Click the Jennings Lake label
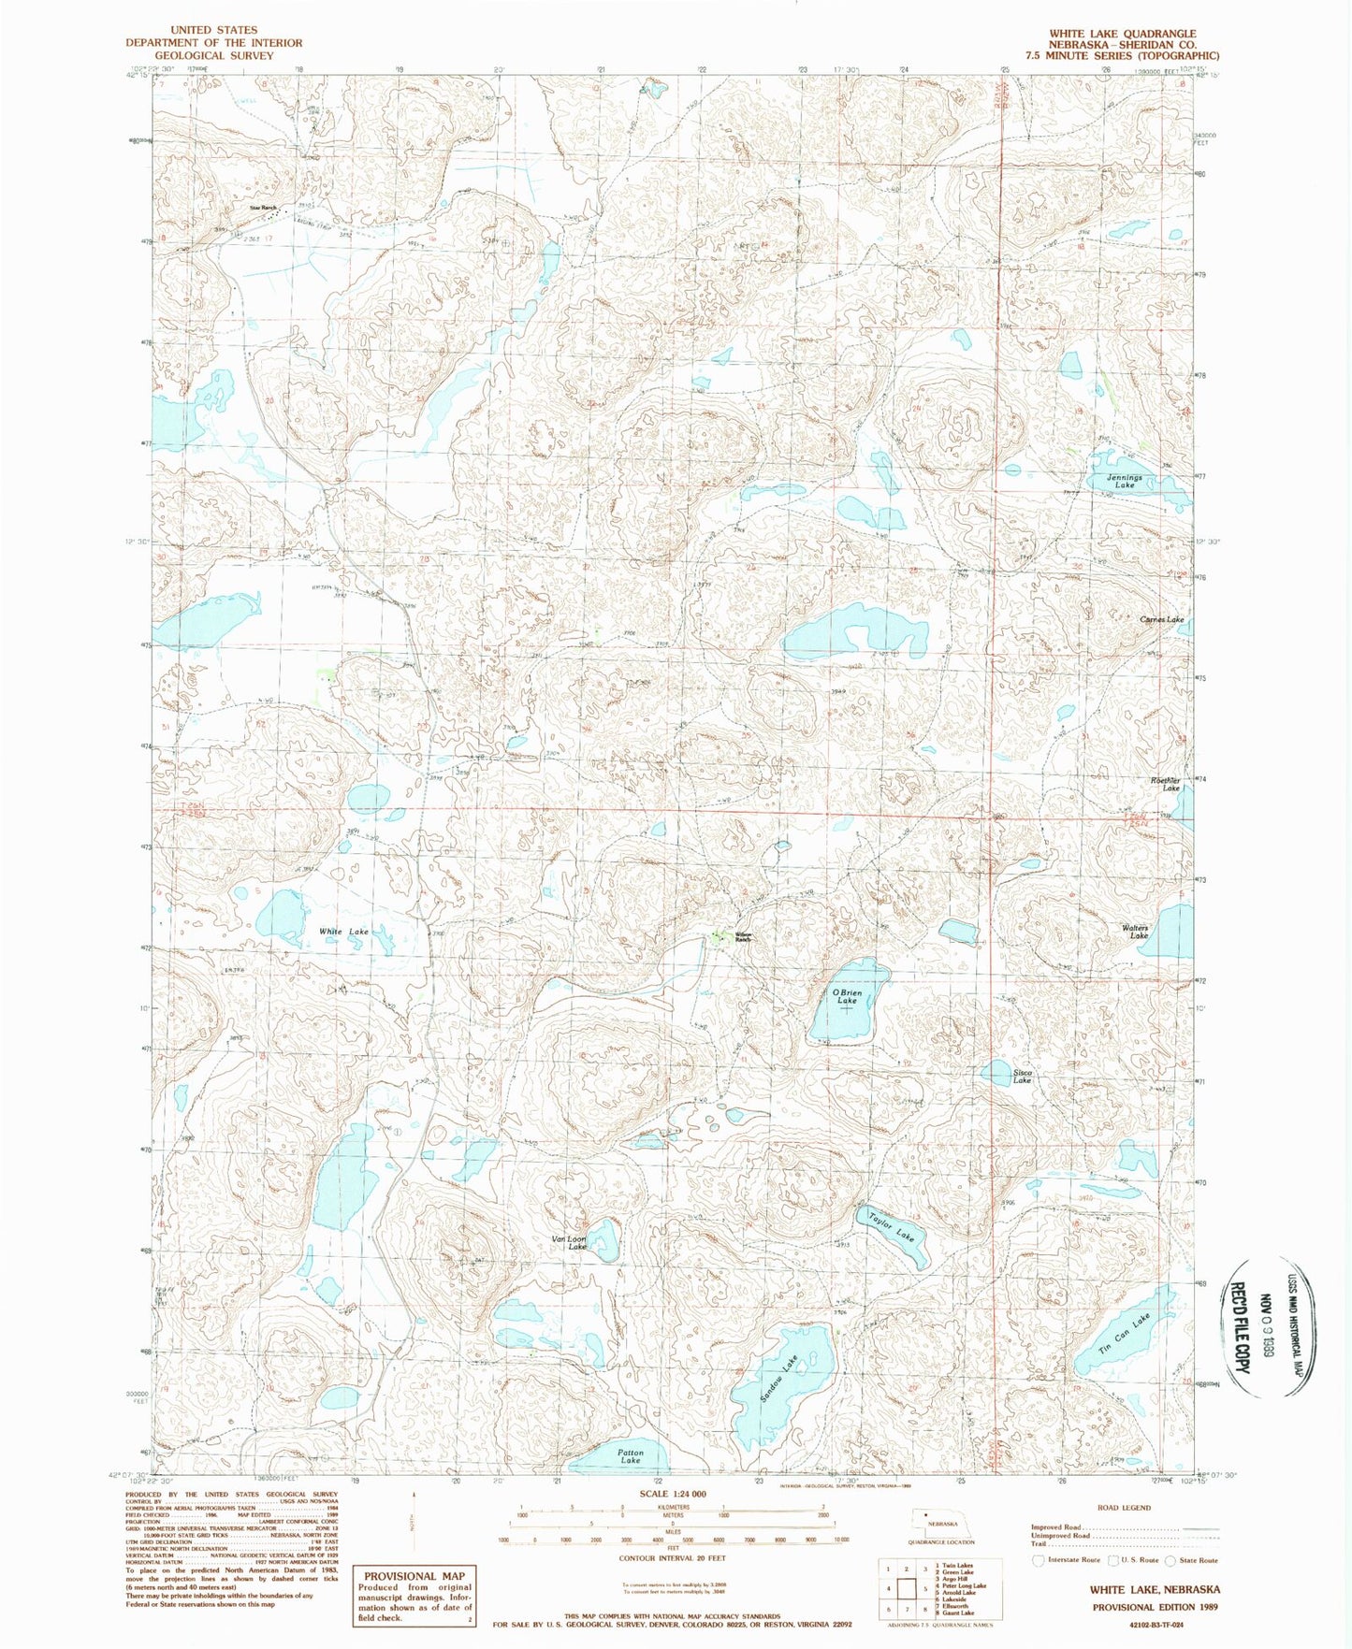click(1125, 482)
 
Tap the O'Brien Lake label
click(847, 996)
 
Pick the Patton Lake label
click(631, 1456)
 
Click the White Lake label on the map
click(343, 932)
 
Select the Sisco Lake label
click(1022, 1077)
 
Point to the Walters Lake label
click(1136, 932)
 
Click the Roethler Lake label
click(1166, 784)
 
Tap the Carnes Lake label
click(1161, 619)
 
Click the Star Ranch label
click(263, 208)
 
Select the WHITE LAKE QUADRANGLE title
click(1122, 33)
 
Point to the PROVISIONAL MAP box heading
click(414, 1575)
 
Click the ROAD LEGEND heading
click(1124, 1508)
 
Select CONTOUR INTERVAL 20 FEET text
click(672, 1558)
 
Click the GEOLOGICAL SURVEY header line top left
click(214, 55)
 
